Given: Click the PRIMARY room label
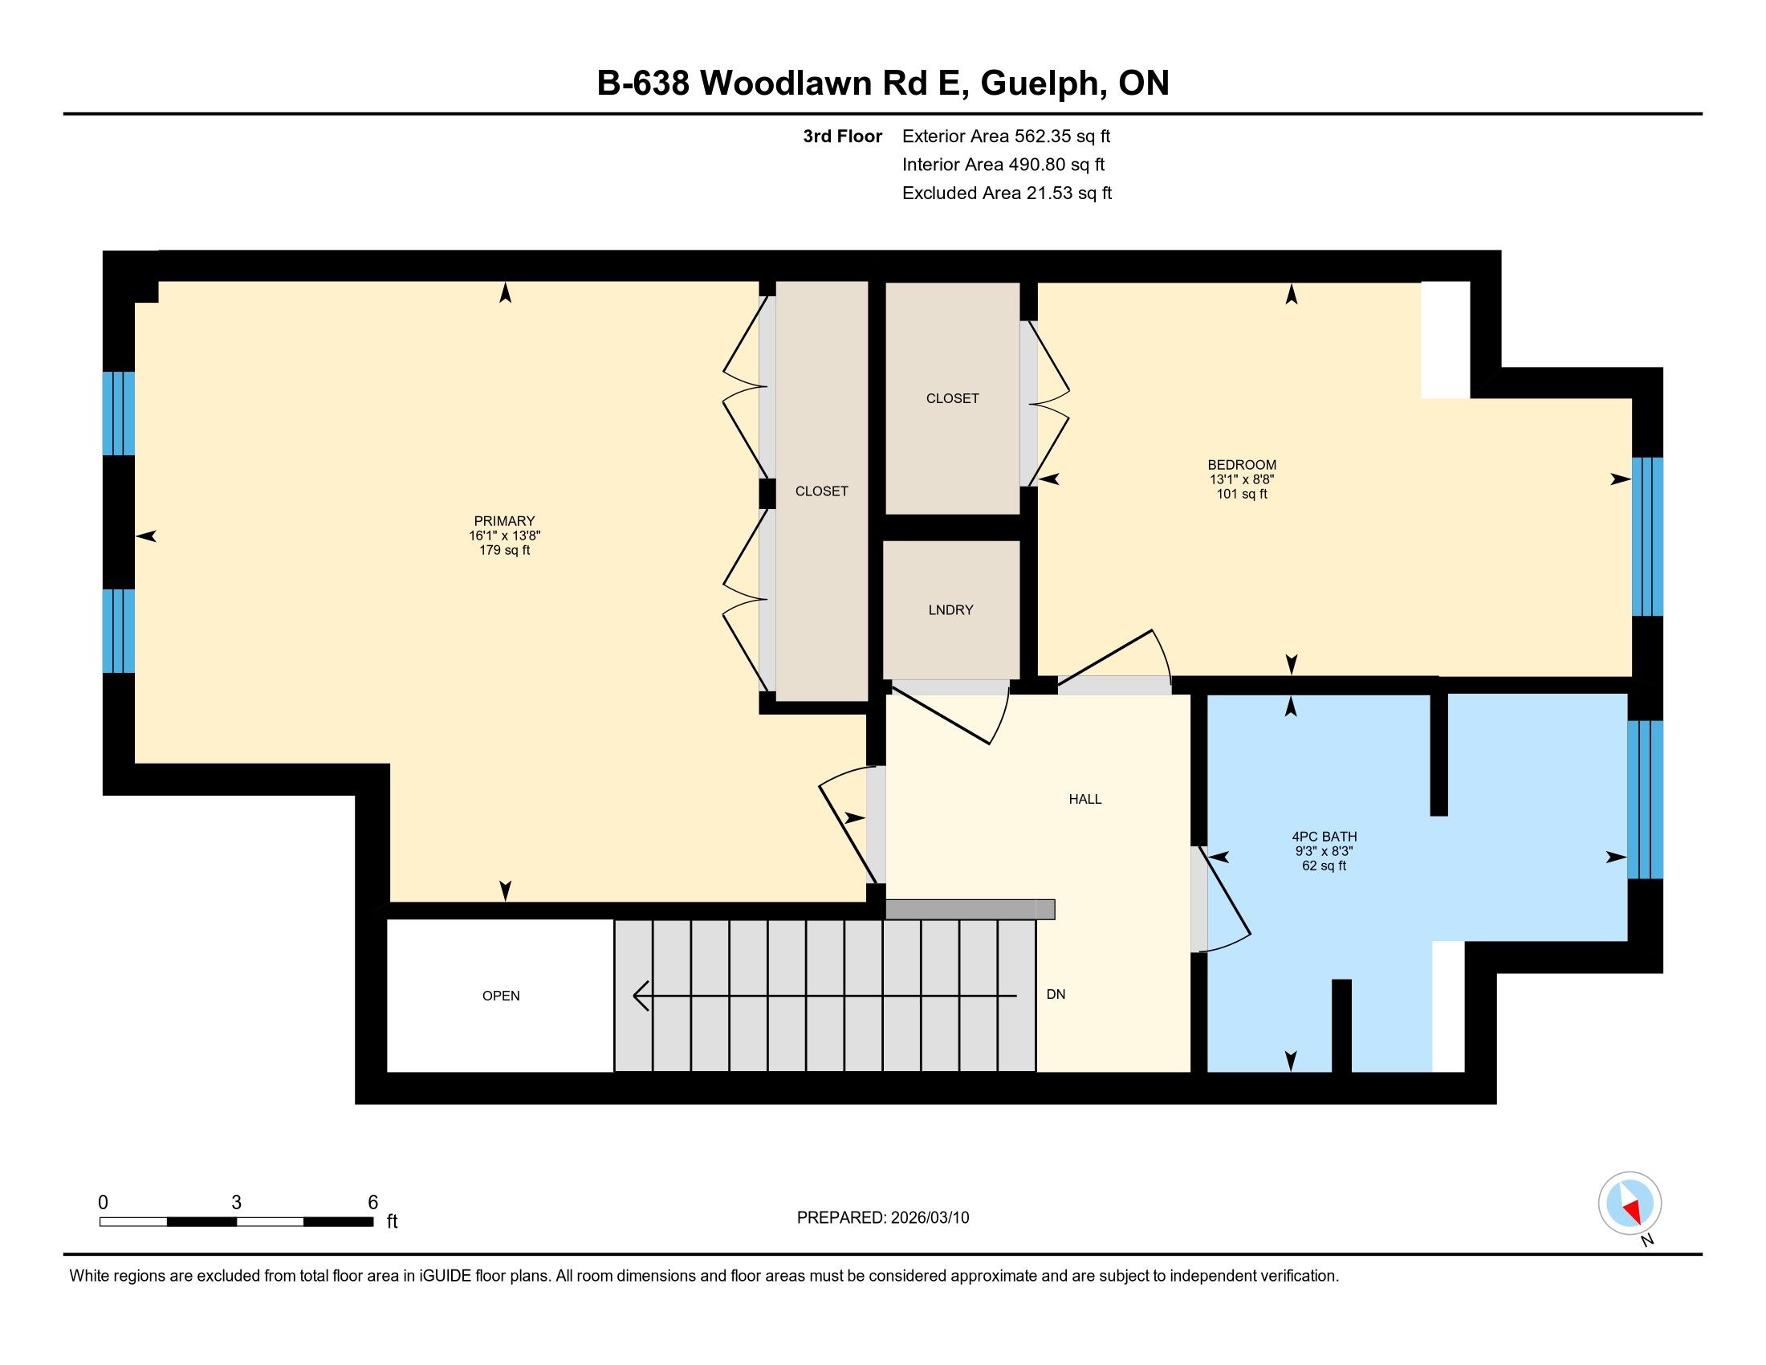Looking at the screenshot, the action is tap(505, 521).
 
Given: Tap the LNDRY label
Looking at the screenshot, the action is tap(951, 609).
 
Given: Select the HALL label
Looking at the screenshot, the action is tap(1085, 799).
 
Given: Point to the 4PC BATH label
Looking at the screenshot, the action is tap(1324, 837).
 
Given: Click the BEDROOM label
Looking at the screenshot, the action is tap(1242, 465).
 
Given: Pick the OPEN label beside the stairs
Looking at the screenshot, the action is tap(501, 996).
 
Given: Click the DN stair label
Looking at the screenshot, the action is tap(1056, 994).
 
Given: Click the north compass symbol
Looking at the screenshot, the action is tap(1630, 1204).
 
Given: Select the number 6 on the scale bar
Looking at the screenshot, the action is tap(372, 1202).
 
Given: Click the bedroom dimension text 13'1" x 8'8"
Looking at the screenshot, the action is tap(1242, 479).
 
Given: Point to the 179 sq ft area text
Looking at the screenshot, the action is tap(505, 551).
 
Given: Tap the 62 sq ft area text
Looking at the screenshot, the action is tap(1324, 866).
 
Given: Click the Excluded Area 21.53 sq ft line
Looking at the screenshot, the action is tap(1007, 194).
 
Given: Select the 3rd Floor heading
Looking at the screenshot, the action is tap(843, 136).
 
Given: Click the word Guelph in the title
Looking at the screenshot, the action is tap(1038, 84).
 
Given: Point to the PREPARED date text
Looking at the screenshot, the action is tap(883, 1218).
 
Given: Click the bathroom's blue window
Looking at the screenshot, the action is tap(1645, 799).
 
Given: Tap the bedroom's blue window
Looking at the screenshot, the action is tap(1647, 537).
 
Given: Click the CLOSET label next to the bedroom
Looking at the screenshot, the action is tap(953, 397).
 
